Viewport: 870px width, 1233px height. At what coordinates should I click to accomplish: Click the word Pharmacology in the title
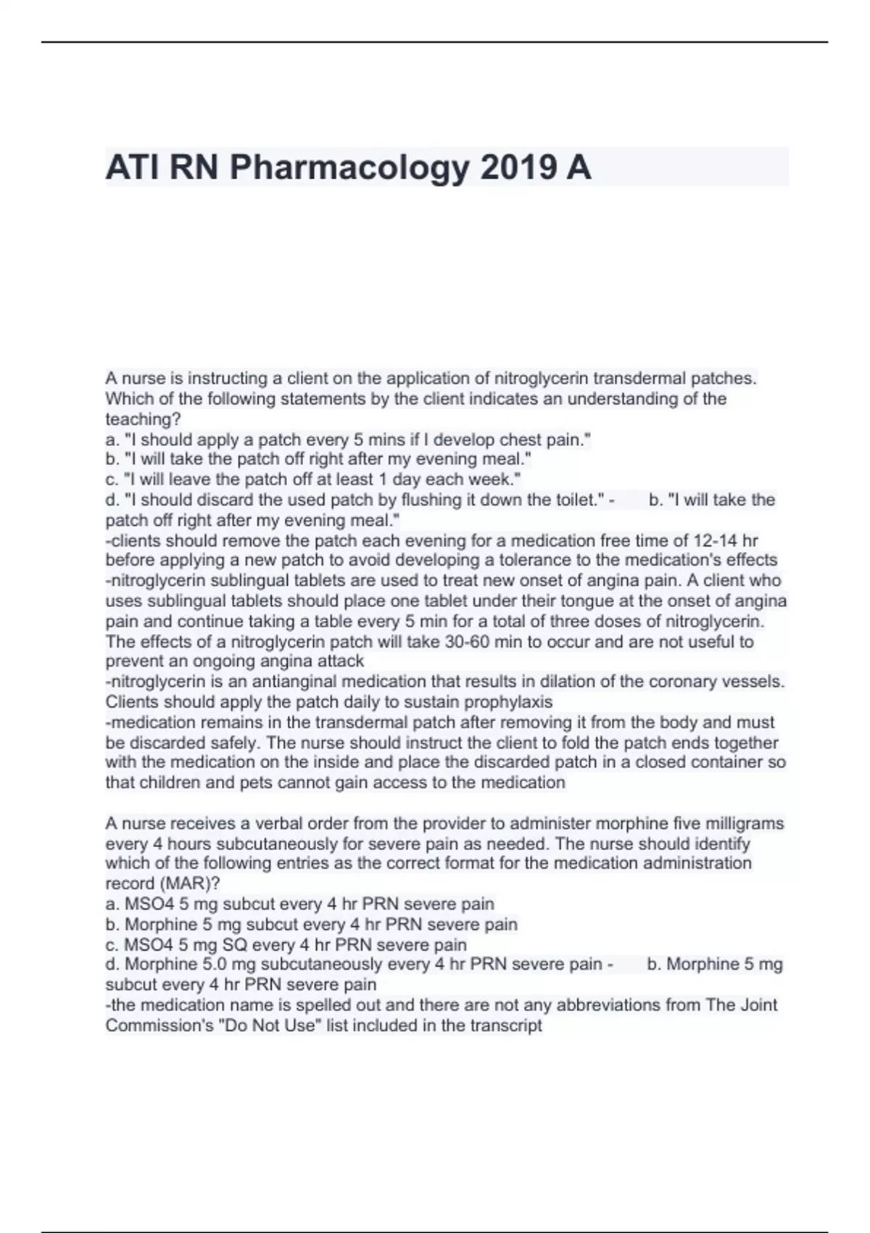349,168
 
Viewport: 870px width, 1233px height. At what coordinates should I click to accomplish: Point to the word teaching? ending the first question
143,419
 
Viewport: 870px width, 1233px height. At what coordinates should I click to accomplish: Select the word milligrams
742,824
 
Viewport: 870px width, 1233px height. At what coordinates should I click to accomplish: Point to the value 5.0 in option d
212,964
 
